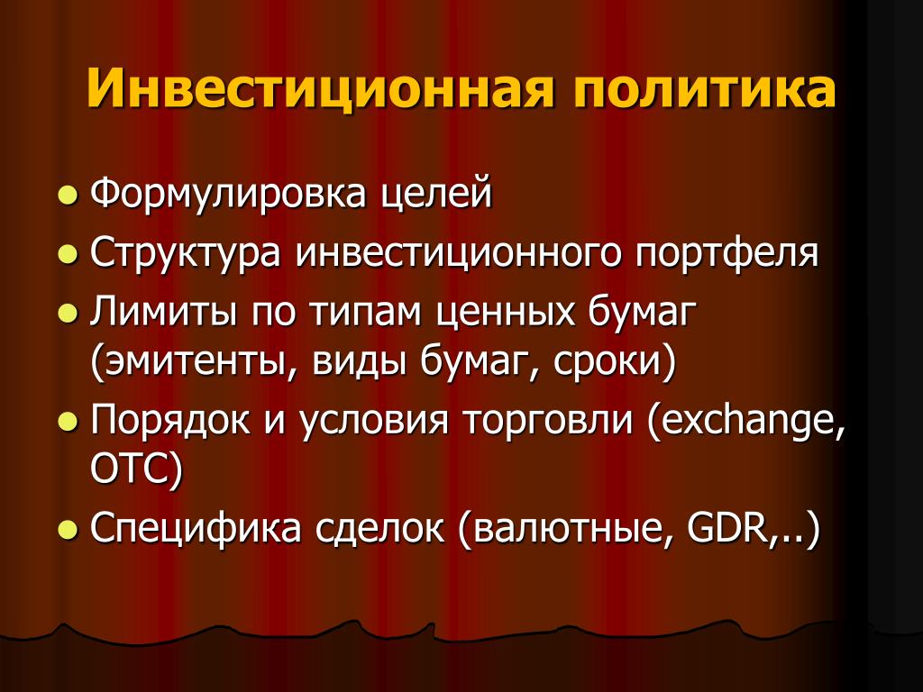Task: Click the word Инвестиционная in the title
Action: click(321, 90)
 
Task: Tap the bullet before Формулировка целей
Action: click(69, 195)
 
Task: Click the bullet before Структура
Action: click(69, 254)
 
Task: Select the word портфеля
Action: click(727, 253)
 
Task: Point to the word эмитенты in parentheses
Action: click(198, 360)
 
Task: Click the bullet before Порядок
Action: click(69, 422)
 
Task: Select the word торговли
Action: click(547, 421)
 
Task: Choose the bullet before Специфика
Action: click(69, 529)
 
